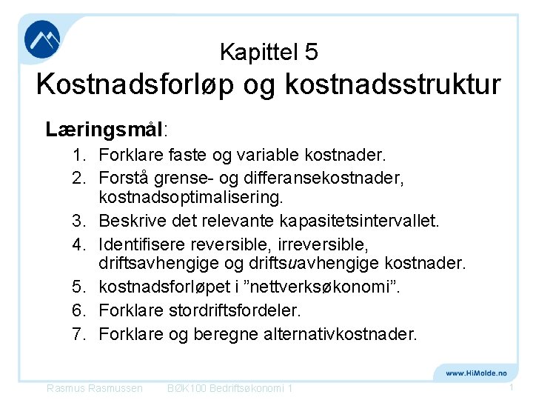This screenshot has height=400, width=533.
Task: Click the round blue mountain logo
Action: [x=42, y=41]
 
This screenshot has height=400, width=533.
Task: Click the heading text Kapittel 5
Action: [x=269, y=52]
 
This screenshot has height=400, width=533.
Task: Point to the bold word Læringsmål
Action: [x=104, y=130]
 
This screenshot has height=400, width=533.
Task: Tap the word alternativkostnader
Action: [x=340, y=334]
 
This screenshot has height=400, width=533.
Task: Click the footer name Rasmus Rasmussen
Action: [x=94, y=388]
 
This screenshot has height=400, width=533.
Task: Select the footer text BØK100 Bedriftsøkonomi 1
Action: [x=230, y=388]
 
